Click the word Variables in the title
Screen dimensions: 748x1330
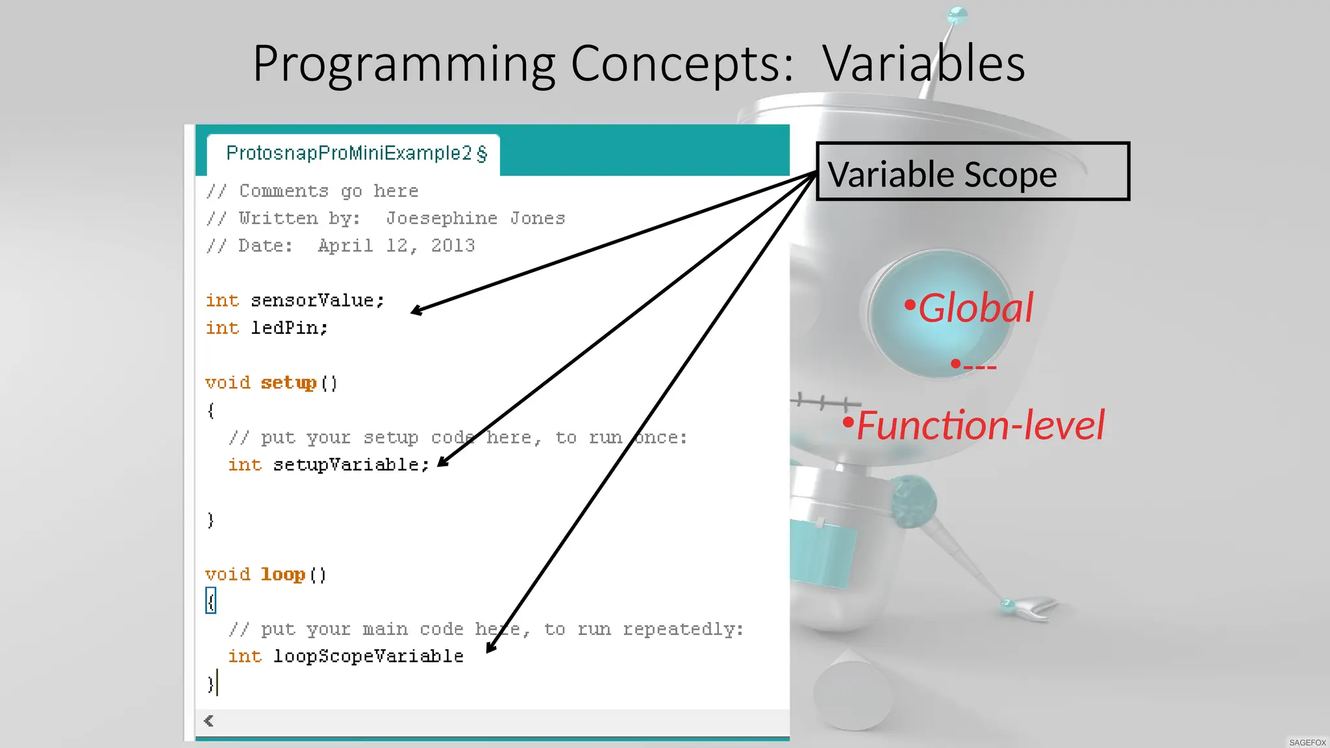923,64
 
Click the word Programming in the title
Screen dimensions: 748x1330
403,65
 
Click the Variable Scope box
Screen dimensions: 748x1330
972,171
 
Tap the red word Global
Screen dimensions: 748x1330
975,308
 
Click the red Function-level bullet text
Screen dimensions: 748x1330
979,425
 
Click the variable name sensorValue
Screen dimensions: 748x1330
316,301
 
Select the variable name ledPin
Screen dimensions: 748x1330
288,328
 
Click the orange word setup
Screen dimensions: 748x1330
288,382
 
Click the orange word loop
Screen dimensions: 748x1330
282,575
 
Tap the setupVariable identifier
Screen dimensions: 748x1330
350,465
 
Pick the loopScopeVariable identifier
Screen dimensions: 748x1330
368,656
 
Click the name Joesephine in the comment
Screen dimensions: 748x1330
442,219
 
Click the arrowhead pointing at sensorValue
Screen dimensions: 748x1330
416,311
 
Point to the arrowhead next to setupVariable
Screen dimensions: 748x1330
442,462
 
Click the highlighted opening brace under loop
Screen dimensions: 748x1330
210,601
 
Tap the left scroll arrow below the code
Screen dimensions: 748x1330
208,721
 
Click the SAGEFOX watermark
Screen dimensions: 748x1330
1307,742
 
